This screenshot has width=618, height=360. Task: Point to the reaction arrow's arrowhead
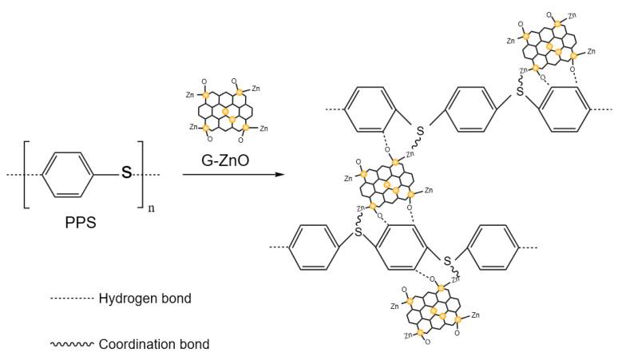click(281, 172)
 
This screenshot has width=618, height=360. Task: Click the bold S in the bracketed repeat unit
click(126, 174)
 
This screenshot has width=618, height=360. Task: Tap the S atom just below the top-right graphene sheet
click(520, 92)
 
